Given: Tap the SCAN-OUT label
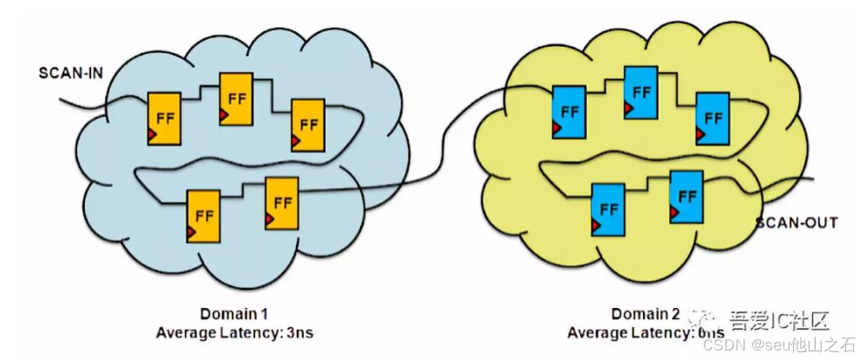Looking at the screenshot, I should (796, 223).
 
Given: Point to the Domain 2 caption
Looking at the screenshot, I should (646, 313).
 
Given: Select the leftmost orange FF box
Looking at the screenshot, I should (164, 116).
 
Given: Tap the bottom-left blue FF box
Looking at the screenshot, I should (606, 208).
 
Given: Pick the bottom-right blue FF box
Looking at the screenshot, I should (685, 195).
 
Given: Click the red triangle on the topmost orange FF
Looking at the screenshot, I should (225, 117).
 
